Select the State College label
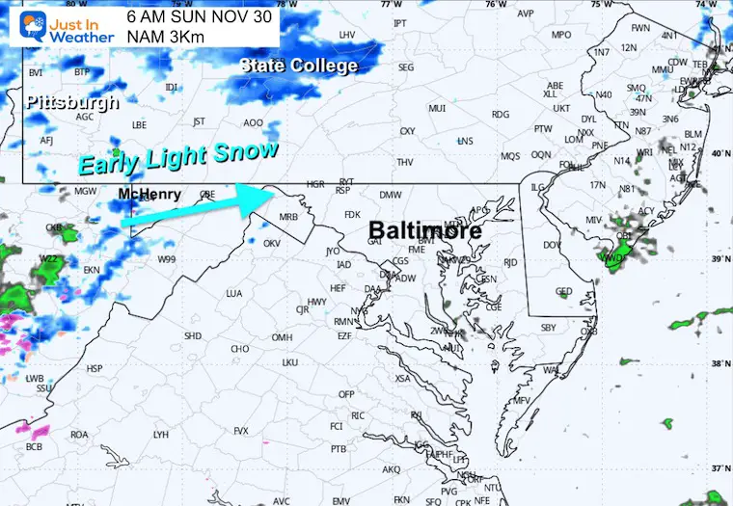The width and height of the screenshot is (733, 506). (x=299, y=66)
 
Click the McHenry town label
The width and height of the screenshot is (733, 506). (x=149, y=194)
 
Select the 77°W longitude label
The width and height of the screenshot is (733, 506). (x=390, y=5)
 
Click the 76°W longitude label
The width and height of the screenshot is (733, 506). (x=496, y=5)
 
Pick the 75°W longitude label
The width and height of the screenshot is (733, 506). (x=601, y=5)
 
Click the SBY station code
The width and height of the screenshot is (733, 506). (x=549, y=328)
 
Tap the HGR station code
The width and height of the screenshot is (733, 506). (x=315, y=182)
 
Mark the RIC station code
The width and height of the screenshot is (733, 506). (x=357, y=415)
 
